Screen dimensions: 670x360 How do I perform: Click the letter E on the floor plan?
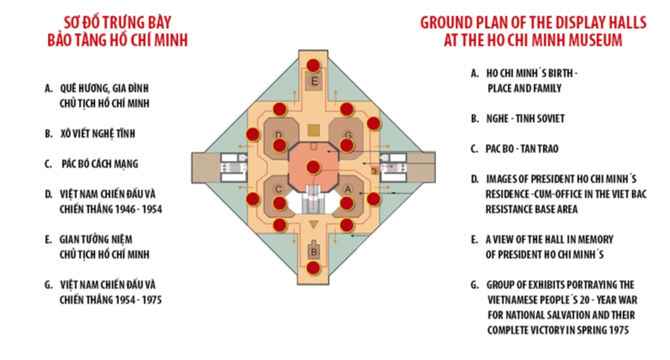314,81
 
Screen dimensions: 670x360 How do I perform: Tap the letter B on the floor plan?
314,252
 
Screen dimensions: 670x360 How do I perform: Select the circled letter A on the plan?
348,189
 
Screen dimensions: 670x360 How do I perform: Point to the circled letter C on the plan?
278,189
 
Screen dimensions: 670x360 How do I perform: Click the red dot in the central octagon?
313,167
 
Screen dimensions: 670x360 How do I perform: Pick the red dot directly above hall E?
313,66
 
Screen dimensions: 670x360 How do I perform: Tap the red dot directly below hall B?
313,268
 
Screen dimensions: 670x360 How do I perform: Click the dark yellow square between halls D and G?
314,131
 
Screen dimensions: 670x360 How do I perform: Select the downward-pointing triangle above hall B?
314,225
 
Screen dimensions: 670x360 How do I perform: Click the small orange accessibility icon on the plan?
375,171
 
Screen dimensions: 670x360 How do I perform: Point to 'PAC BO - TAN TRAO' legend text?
522,149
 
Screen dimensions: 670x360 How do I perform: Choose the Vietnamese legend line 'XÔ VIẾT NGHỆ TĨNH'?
97,133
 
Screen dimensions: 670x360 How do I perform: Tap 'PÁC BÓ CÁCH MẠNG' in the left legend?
100,164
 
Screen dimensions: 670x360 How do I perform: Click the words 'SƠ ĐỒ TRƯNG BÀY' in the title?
117,22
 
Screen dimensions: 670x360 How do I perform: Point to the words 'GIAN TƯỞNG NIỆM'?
96,239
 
